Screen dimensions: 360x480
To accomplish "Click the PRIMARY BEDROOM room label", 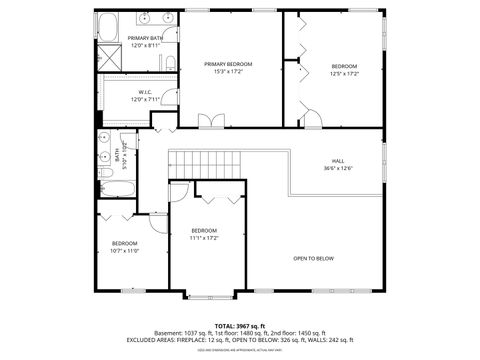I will (x=228, y=64).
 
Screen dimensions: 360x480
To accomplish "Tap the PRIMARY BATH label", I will (x=144, y=38).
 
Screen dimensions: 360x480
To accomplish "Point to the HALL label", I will (x=339, y=160).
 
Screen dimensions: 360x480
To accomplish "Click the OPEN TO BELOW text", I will (x=313, y=258).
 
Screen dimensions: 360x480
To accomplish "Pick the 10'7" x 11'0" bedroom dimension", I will (x=124, y=251).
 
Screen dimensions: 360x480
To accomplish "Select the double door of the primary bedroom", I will (x=211, y=121).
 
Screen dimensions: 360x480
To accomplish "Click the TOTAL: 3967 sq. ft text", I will (x=239, y=326).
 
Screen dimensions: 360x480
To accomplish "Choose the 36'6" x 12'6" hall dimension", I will (x=339, y=167).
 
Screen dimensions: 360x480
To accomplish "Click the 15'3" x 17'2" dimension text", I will (x=228, y=71).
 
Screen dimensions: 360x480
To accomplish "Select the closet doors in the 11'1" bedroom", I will (x=219, y=193).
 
